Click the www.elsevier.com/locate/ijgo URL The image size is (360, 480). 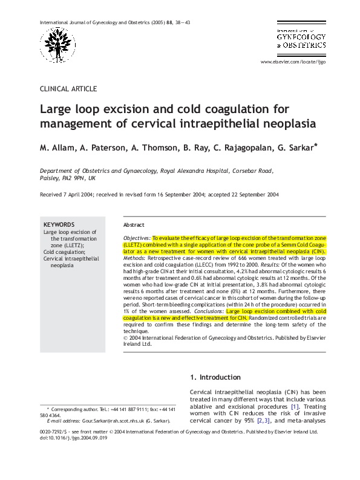click(293, 62)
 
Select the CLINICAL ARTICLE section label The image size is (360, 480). click(68, 89)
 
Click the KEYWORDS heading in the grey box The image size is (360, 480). click(59, 224)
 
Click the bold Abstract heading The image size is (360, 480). click(134, 224)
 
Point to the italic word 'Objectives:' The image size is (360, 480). click(136, 239)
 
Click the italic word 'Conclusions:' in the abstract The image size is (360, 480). click(207, 311)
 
